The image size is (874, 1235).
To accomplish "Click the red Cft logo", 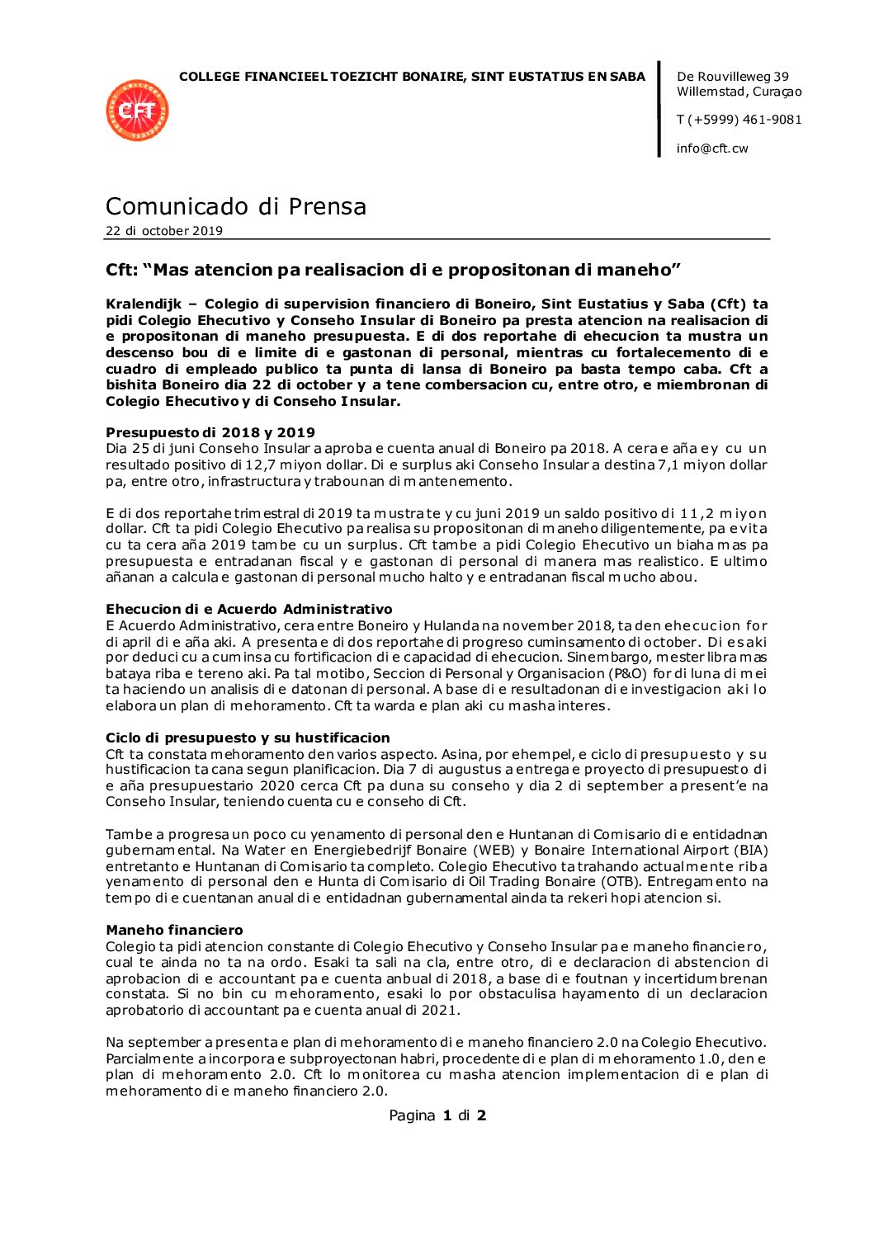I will pos(137,111).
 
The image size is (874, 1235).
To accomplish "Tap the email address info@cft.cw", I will pos(712,148).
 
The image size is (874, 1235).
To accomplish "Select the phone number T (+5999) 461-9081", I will pos(739,120).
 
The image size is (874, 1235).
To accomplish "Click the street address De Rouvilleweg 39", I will pos(732,77).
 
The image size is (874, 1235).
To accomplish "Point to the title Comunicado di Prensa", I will pos(236,206).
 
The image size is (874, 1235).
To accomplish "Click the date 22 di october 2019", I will pos(164,231).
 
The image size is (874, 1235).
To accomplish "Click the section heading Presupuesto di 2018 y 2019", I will pos(210,432).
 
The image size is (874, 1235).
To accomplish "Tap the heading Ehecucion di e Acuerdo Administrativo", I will pos(248,609).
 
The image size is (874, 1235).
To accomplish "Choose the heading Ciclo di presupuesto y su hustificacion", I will pos(248,738).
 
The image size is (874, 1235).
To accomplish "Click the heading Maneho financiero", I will pos(174,930).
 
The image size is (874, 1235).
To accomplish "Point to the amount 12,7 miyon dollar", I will pos(293,465).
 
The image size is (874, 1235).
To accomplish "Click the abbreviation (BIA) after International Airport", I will pos(749,851).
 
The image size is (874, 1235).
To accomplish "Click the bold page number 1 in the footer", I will pos(447,1115).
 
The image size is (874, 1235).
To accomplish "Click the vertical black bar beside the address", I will pos(659,109).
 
